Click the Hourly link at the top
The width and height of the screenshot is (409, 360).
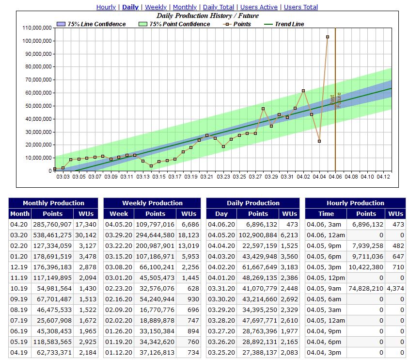[x=106, y=7]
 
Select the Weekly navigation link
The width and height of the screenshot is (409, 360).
[x=156, y=7]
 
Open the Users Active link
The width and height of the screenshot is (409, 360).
[x=259, y=7]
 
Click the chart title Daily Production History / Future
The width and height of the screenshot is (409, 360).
[x=207, y=16]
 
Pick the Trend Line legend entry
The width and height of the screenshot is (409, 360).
[x=289, y=24]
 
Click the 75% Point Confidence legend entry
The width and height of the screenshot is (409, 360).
[x=179, y=24]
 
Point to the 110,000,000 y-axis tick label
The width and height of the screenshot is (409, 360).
[x=37, y=28]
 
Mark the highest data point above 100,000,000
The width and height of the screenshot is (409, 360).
[x=328, y=37]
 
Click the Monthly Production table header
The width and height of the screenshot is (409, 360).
[x=53, y=203]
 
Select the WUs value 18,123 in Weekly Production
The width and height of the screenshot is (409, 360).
[x=189, y=235]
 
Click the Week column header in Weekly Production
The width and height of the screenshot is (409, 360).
[x=119, y=213]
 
